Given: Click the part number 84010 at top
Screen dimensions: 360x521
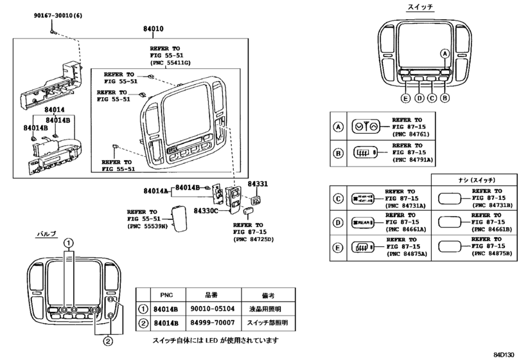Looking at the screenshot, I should [x=153, y=29].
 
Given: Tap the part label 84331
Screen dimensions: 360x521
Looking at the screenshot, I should [x=257, y=184].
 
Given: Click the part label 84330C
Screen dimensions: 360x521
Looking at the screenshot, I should [x=206, y=211].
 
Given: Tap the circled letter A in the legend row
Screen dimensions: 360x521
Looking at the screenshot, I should [x=338, y=126].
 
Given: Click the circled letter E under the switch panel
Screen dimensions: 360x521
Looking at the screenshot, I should [x=405, y=98].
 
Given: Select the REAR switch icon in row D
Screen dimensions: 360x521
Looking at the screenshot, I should [x=364, y=222].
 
